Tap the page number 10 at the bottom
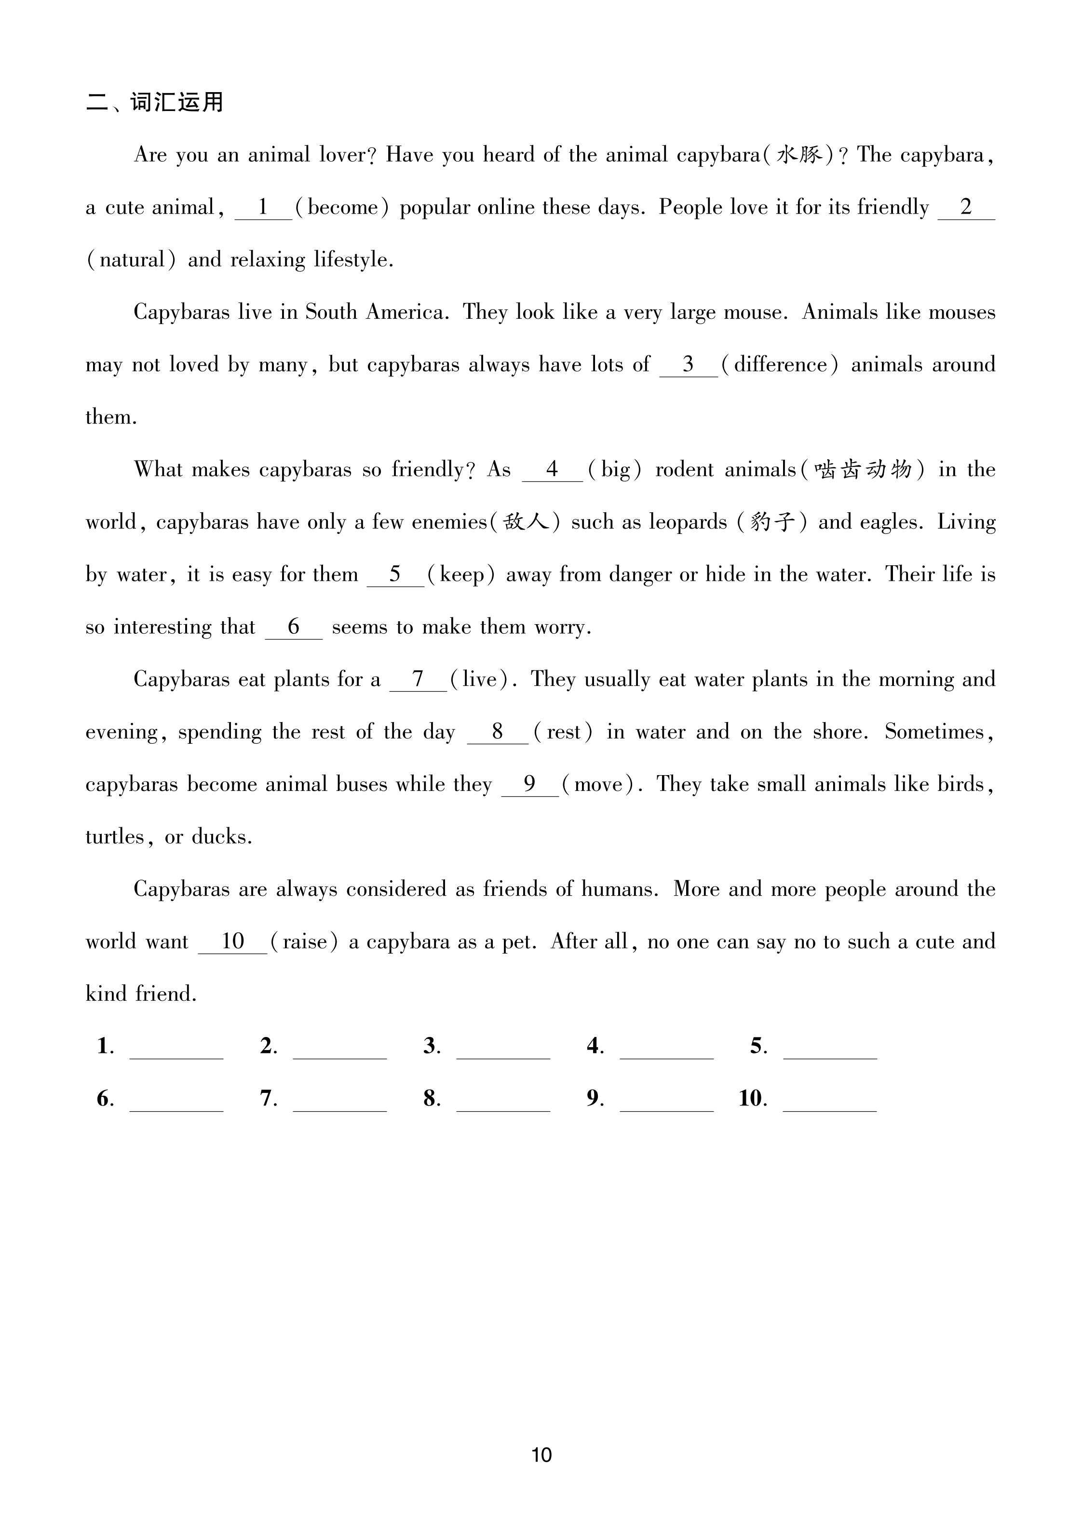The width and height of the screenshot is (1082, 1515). pos(541,1454)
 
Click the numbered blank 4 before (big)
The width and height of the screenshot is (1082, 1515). pos(552,470)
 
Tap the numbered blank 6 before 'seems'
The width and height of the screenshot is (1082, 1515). pos(294,627)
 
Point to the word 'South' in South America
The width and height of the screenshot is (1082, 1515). pos(331,313)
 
